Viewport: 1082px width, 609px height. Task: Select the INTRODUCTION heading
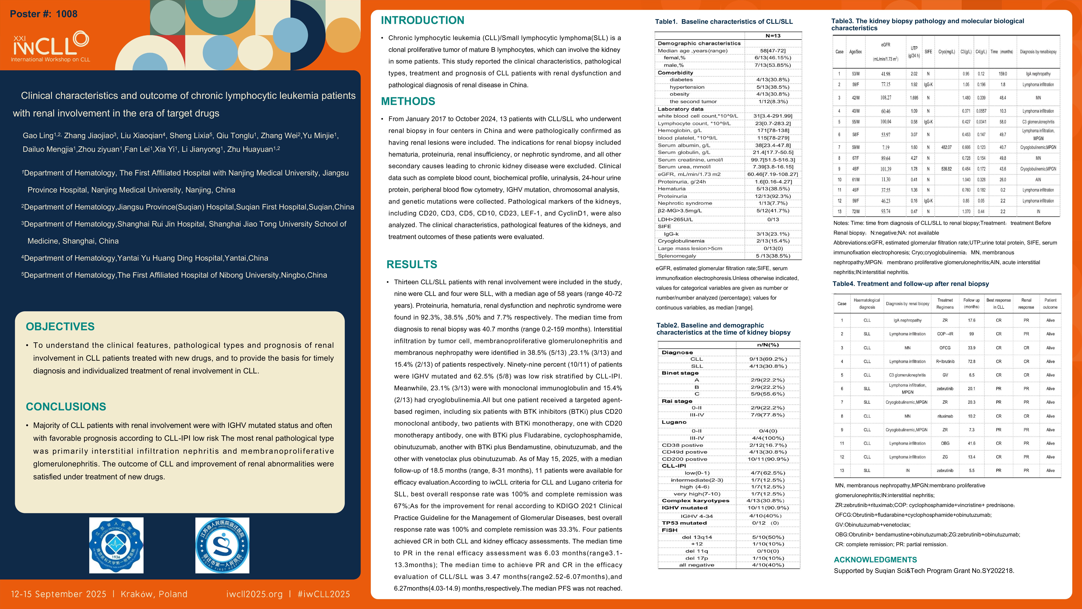pos(422,20)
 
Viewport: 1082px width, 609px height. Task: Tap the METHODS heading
pos(408,101)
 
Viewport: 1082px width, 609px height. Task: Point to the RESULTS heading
pos(412,264)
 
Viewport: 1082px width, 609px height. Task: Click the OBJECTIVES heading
pos(60,327)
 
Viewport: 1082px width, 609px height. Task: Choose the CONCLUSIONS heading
pos(66,406)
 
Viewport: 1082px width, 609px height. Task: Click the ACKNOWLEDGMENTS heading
pos(875,559)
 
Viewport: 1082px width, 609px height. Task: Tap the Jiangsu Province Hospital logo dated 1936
pos(116,545)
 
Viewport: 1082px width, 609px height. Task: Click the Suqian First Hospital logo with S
pos(222,545)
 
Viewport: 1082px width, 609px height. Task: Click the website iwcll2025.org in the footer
pos(254,594)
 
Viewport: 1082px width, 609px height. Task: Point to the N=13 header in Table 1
pos(773,36)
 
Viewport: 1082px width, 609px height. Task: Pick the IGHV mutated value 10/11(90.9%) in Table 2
pos(768,508)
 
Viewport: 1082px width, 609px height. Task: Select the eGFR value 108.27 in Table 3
pos(886,97)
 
